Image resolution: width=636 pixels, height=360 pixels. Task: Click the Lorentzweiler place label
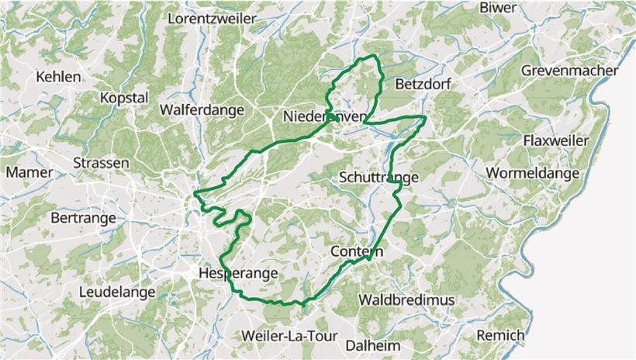pyautogui.click(x=213, y=17)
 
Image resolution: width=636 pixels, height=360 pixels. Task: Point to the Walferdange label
pyautogui.click(x=202, y=110)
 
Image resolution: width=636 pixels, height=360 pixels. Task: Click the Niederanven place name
pyautogui.click(x=325, y=116)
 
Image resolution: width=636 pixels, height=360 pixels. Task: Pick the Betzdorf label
pyautogui.click(x=423, y=84)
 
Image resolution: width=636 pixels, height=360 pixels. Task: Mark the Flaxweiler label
pyautogui.click(x=556, y=140)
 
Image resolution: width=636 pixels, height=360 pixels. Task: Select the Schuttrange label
pyautogui.click(x=379, y=178)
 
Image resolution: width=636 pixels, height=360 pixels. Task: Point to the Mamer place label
pyautogui.click(x=29, y=172)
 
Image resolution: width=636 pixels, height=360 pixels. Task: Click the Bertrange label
pyautogui.click(x=83, y=219)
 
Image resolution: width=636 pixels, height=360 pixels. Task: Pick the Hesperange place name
pyautogui.click(x=237, y=273)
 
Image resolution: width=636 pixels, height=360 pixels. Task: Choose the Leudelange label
pyautogui.click(x=117, y=292)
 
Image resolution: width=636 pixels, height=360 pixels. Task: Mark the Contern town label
pyautogui.click(x=357, y=252)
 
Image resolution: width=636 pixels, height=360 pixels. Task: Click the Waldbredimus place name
pyautogui.click(x=406, y=299)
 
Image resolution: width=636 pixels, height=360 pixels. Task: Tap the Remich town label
pyautogui.click(x=502, y=335)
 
